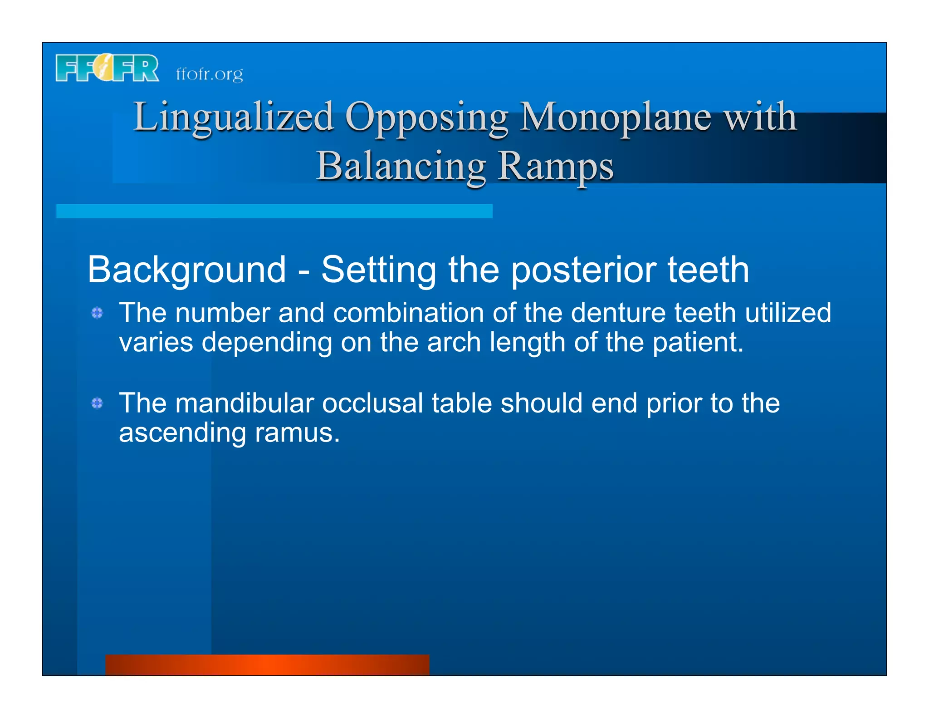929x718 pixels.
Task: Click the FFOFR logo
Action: coord(107,69)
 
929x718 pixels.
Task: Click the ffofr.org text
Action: coord(209,74)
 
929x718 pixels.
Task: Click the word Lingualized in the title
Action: coord(234,117)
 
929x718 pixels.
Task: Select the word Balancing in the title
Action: coord(401,166)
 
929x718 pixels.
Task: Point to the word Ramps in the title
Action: coord(556,166)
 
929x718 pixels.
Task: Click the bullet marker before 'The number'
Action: coord(97,313)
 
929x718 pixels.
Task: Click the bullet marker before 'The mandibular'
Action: coord(97,403)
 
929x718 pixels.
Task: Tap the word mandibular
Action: coord(244,403)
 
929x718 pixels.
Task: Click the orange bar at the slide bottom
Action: coord(267,664)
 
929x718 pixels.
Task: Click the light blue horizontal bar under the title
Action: coord(274,211)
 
